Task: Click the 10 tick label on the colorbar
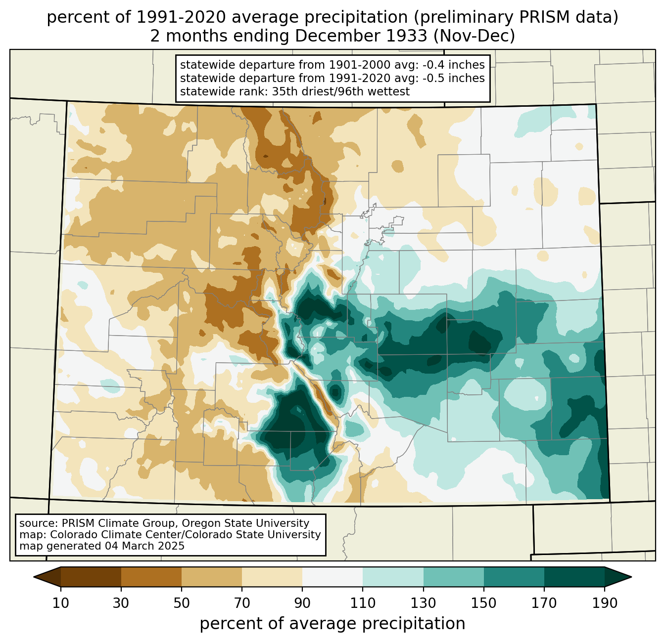61,603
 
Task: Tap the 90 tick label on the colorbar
302,603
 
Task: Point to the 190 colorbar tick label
605,603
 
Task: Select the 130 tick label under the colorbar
423,603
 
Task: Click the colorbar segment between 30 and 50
151,577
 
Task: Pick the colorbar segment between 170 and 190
574,577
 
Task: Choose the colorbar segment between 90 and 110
332,577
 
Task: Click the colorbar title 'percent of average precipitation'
332,624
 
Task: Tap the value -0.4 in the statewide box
432,65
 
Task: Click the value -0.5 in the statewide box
432,78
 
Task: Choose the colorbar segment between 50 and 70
212,577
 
